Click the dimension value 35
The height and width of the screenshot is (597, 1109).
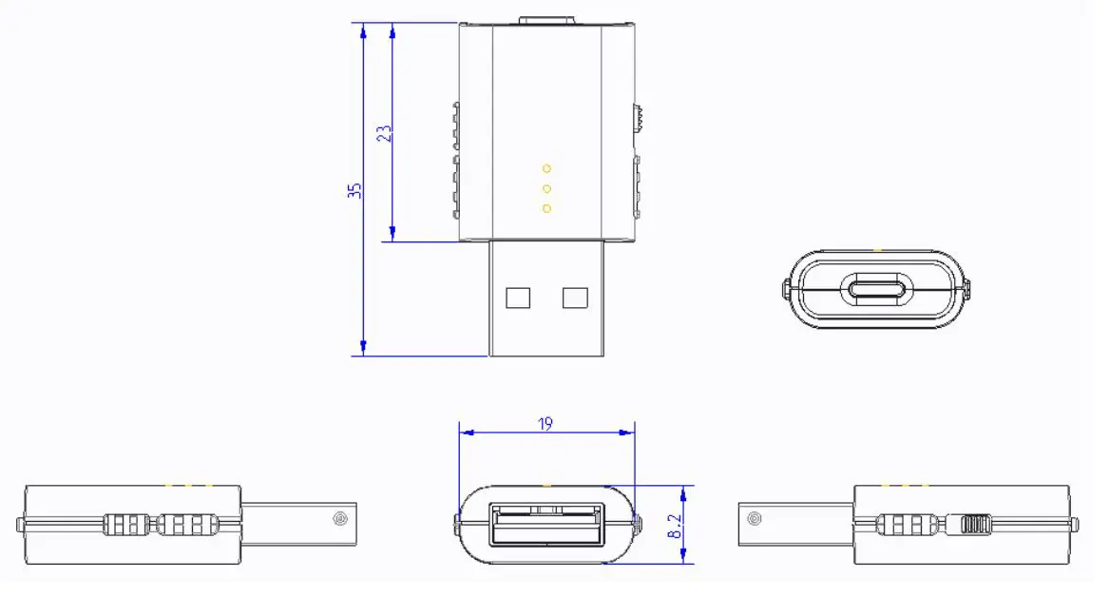tap(354, 190)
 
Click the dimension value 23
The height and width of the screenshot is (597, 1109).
tap(384, 132)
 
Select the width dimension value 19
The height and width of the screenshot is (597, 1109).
tap(545, 423)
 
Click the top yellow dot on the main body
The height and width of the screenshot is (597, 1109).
tap(546, 168)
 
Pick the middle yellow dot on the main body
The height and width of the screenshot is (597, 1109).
tap(546, 188)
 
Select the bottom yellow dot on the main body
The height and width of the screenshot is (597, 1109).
tap(546, 208)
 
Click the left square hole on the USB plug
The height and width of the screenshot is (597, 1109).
tap(518, 298)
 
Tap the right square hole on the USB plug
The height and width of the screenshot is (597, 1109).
tap(575, 298)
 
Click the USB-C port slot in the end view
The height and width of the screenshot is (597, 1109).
tap(878, 289)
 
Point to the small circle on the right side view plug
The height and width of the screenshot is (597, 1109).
tap(754, 518)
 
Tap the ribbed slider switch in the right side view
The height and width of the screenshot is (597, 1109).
tap(975, 524)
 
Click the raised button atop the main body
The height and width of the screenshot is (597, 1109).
tap(546, 18)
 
